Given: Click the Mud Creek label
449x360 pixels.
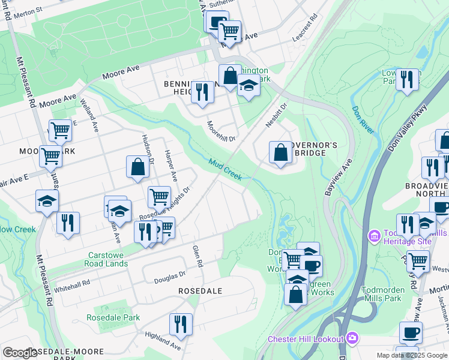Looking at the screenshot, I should coord(225,170).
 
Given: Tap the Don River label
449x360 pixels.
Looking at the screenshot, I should coord(363,112).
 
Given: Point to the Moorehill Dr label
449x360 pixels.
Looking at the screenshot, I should coord(221,130).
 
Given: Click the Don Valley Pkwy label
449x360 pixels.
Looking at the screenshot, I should coord(408,128).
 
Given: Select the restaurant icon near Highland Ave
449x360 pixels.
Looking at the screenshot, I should coord(181,324).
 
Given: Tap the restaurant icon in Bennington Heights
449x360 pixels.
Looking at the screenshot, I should coord(202,92).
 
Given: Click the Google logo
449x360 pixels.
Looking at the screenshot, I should coord(20,353).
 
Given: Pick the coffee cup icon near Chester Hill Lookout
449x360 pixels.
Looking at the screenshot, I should coord(411,332).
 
